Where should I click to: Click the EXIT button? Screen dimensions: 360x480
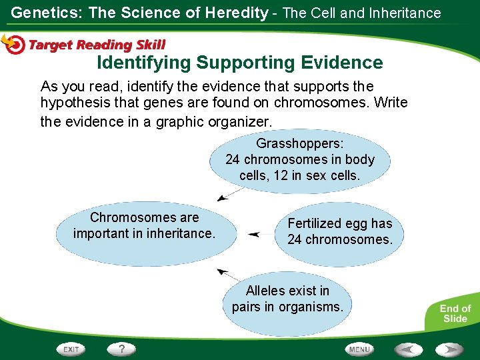click(71, 349)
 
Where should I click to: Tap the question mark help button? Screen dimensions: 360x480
click(122, 349)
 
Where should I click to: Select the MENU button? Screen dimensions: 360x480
click(359, 349)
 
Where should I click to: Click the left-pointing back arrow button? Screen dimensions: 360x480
click(408, 349)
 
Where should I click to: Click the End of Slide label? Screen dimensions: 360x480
click(455, 313)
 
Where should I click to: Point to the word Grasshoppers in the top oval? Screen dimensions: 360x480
click(300, 143)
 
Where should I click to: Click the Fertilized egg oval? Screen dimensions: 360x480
click(339, 231)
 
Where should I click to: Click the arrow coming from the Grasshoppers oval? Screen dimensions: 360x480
click(231, 194)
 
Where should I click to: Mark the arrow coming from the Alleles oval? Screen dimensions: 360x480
click(229, 274)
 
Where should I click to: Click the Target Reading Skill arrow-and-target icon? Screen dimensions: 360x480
click(13, 43)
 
